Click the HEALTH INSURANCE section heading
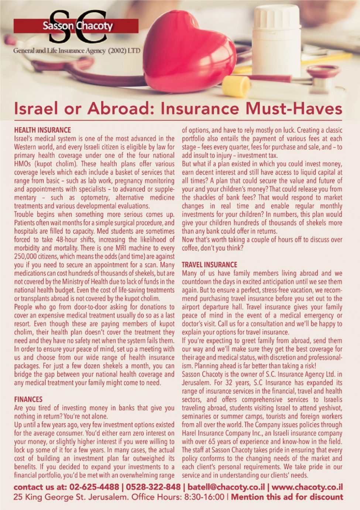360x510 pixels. (42, 130)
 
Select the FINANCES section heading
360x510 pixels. (28, 399)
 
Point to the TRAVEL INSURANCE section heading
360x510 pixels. (209, 265)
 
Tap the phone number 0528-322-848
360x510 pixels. (153, 487)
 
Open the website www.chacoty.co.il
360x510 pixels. (307, 487)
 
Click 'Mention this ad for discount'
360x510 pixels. (287, 497)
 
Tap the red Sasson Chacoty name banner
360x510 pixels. (76, 26)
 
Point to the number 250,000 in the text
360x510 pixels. (27, 256)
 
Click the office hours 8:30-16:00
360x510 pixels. (204, 497)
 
